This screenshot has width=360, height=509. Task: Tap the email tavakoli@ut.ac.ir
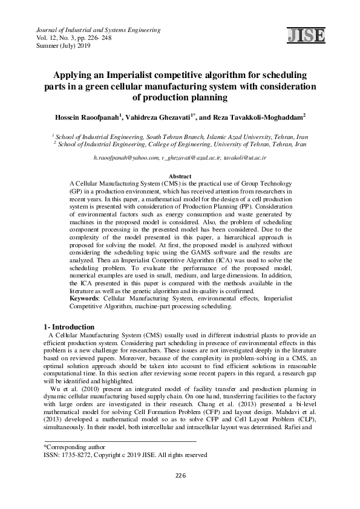(245, 157)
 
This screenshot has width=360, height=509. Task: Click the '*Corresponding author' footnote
(67, 446)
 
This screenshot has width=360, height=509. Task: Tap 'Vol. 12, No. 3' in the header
(58, 37)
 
